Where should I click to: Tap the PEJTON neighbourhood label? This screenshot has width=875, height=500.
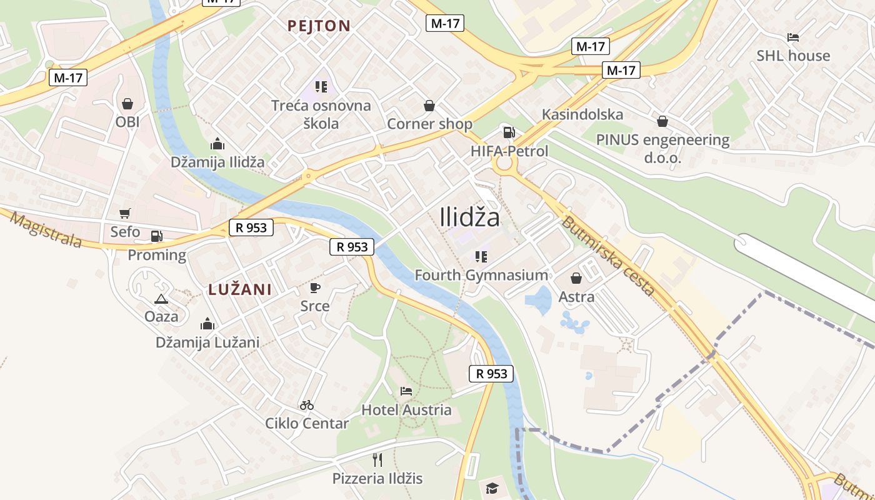pyautogui.click(x=319, y=26)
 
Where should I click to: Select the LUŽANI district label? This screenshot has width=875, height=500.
pyautogui.click(x=240, y=289)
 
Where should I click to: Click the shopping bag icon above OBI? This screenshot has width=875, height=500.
pyautogui.click(x=127, y=104)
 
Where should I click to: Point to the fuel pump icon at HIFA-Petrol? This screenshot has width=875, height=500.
pyautogui.click(x=509, y=132)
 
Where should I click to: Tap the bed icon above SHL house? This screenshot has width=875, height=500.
pyautogui.click(x=793, y=38)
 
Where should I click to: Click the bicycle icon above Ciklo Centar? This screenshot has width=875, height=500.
pyautogui.click(x=306, y=405)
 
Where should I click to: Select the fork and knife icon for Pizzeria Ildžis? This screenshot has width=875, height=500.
pyautogui.click(x=377, y=460)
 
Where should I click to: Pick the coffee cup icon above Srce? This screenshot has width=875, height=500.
pyautogui.click(x=315, y=287)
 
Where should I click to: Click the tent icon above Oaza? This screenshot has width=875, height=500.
pyautogui.click(x=161, y=299)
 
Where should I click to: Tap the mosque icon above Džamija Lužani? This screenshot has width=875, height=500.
pyautogui.click(x=207, y=324)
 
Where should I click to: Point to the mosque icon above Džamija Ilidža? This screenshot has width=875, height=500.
pyautogui.click(x=217, y=144)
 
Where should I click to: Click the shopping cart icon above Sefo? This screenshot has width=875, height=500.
pyautogui.click(x=125, y=214)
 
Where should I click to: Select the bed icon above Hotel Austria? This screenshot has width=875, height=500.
pyautogui.click(x=406, y=392)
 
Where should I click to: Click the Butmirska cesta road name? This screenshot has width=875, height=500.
pyautogui.click(x=607, y=256)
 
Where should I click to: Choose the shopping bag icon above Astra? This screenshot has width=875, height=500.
pyautogui.click(x=576, y=278)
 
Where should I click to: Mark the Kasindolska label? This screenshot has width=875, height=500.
pyautogui.click(x=582, y=115)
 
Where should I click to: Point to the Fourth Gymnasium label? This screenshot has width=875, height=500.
pyautogui.click(x=481, y=275)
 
